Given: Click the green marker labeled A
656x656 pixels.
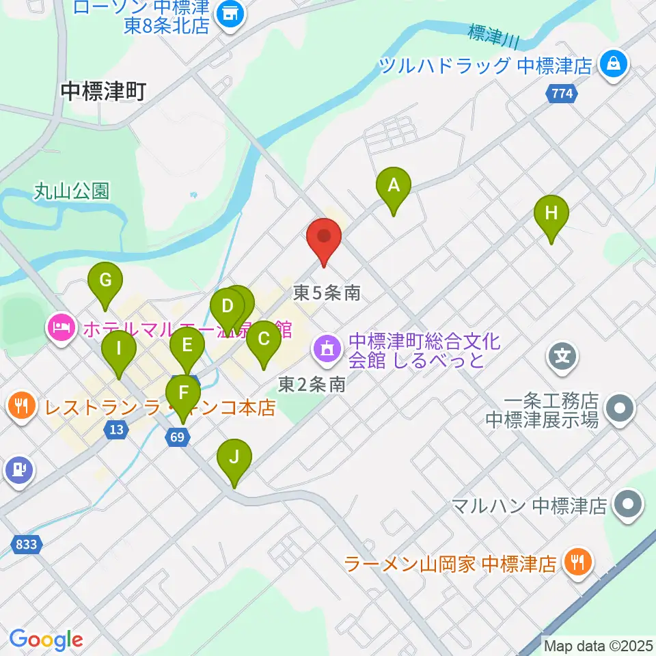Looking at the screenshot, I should pyautogui.click(x=393, y=185).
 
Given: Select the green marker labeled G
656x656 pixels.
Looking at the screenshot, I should pyautogui.click(x=105, y=280).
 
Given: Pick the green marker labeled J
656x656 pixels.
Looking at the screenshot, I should pyautogui.click(x=234, y=456).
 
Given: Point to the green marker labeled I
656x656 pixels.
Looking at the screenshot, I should pyautogui.click(x=119, y=349).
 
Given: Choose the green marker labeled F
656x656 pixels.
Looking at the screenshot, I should pyautogui.click(x=182, y=394).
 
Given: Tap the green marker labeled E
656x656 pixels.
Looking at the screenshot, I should pyautogui.click(x=187, y=346).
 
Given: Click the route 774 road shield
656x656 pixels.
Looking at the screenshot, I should pyautogui.click(x=561, y=94).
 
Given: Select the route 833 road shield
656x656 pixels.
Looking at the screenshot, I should pyautogui.click(x=26, y=545).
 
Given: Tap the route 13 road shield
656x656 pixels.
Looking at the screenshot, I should pyautogui.click(x=116, y=429).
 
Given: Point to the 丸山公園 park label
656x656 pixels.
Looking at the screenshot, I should pyautogui.click(x=72, y=191).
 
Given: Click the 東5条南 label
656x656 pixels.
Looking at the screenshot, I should pyautogui.click(x=327, y=293).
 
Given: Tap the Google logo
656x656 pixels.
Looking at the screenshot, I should pyautogui.click(x=46, y=640).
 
